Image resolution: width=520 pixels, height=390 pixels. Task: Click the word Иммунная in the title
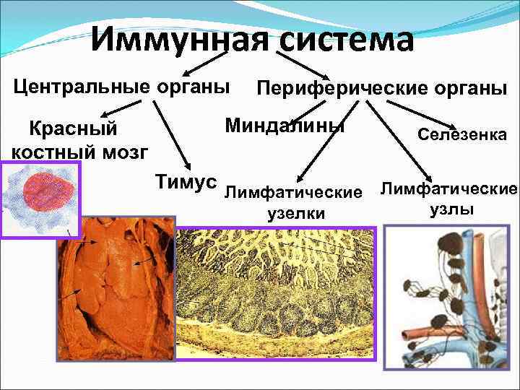pos(181,40)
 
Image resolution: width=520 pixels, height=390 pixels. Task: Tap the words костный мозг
pos(80,152)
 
